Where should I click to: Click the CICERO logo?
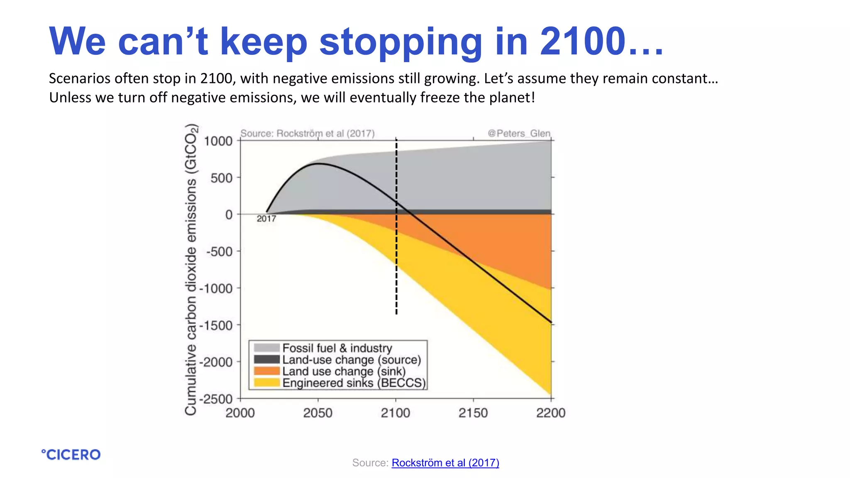[x=71, y=455]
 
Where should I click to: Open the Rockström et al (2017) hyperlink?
[x=445, y=463]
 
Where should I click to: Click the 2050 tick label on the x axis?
[x=318, y=413]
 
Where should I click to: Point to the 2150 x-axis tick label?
[x=473, y=413]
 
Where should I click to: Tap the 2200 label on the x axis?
[x=550, y=413]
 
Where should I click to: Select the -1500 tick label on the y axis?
[x=216, y=325]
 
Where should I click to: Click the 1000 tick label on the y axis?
[x=218, y=141]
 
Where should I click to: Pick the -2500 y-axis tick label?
[x=216, y=399]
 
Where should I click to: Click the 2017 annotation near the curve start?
[x=266, y=219]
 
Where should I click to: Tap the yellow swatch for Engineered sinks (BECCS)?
[x=266, y=383]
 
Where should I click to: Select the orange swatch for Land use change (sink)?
[x=266, y=371]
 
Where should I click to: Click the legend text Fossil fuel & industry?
[x=337, y=348]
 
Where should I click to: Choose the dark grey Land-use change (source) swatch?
[x=266, y=359]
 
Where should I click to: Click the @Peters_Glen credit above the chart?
[x=519, y=133]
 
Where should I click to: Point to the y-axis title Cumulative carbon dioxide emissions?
[x=191, y=270]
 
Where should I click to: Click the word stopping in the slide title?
[x=401, y=41]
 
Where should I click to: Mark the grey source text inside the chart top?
[x=307, y=133]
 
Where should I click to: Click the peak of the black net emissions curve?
[x=319, y=163]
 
